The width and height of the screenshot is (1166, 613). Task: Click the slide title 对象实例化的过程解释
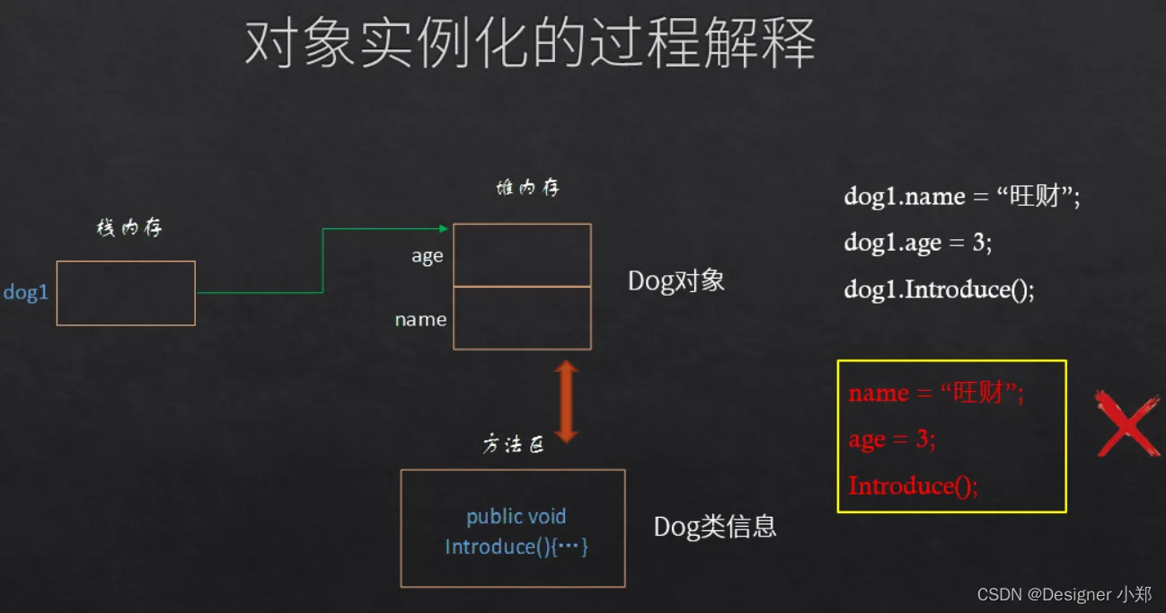[530, 43]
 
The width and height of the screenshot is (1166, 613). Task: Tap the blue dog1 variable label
[26, 292]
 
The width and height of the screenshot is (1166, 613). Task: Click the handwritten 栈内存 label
[129, 227]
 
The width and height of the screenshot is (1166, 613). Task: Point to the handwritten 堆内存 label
[528, 187]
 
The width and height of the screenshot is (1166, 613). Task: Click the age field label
[428, 256]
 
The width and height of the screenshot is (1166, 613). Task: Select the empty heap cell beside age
[522, 254]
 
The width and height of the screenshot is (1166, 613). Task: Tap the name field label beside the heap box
[420, 319]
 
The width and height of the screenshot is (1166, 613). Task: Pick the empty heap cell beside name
[522, 318]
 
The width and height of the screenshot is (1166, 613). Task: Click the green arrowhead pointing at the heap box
[443, 228]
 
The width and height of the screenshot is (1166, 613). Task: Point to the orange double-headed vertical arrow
[566, 402]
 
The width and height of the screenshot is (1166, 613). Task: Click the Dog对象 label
[676, 281]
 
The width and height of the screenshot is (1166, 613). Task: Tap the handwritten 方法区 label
[513, 444]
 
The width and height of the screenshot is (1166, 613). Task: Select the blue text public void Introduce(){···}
[517, 532]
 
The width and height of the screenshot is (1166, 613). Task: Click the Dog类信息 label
[715, 527]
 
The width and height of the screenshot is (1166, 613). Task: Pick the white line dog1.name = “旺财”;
[962, 196]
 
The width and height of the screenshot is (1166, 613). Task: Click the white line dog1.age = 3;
[918, 242]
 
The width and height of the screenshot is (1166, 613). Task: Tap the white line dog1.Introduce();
[939, 289]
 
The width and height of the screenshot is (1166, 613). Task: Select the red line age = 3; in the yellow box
[892, 439]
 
